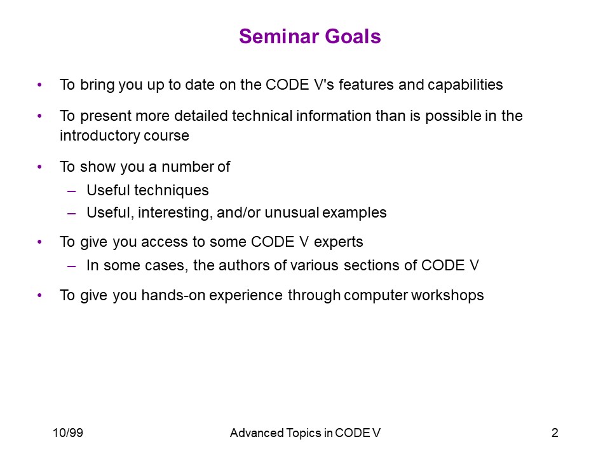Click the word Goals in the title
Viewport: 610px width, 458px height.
353,37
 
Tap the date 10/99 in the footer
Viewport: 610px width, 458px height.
68,433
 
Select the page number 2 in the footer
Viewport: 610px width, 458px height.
555,433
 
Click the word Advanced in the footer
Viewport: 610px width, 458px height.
257,433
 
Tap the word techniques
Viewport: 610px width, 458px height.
172,190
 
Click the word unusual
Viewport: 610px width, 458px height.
292,212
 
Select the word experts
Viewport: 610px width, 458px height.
339,242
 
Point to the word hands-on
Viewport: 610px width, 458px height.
173,295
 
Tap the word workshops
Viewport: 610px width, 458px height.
447,296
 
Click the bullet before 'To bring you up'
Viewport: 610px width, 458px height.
39,85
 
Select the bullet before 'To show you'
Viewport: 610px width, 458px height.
39,167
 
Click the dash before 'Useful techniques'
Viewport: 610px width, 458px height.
71,191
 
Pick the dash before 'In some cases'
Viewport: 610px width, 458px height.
71,266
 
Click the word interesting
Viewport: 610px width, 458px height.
175,213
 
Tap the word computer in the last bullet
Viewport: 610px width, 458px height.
376,296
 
